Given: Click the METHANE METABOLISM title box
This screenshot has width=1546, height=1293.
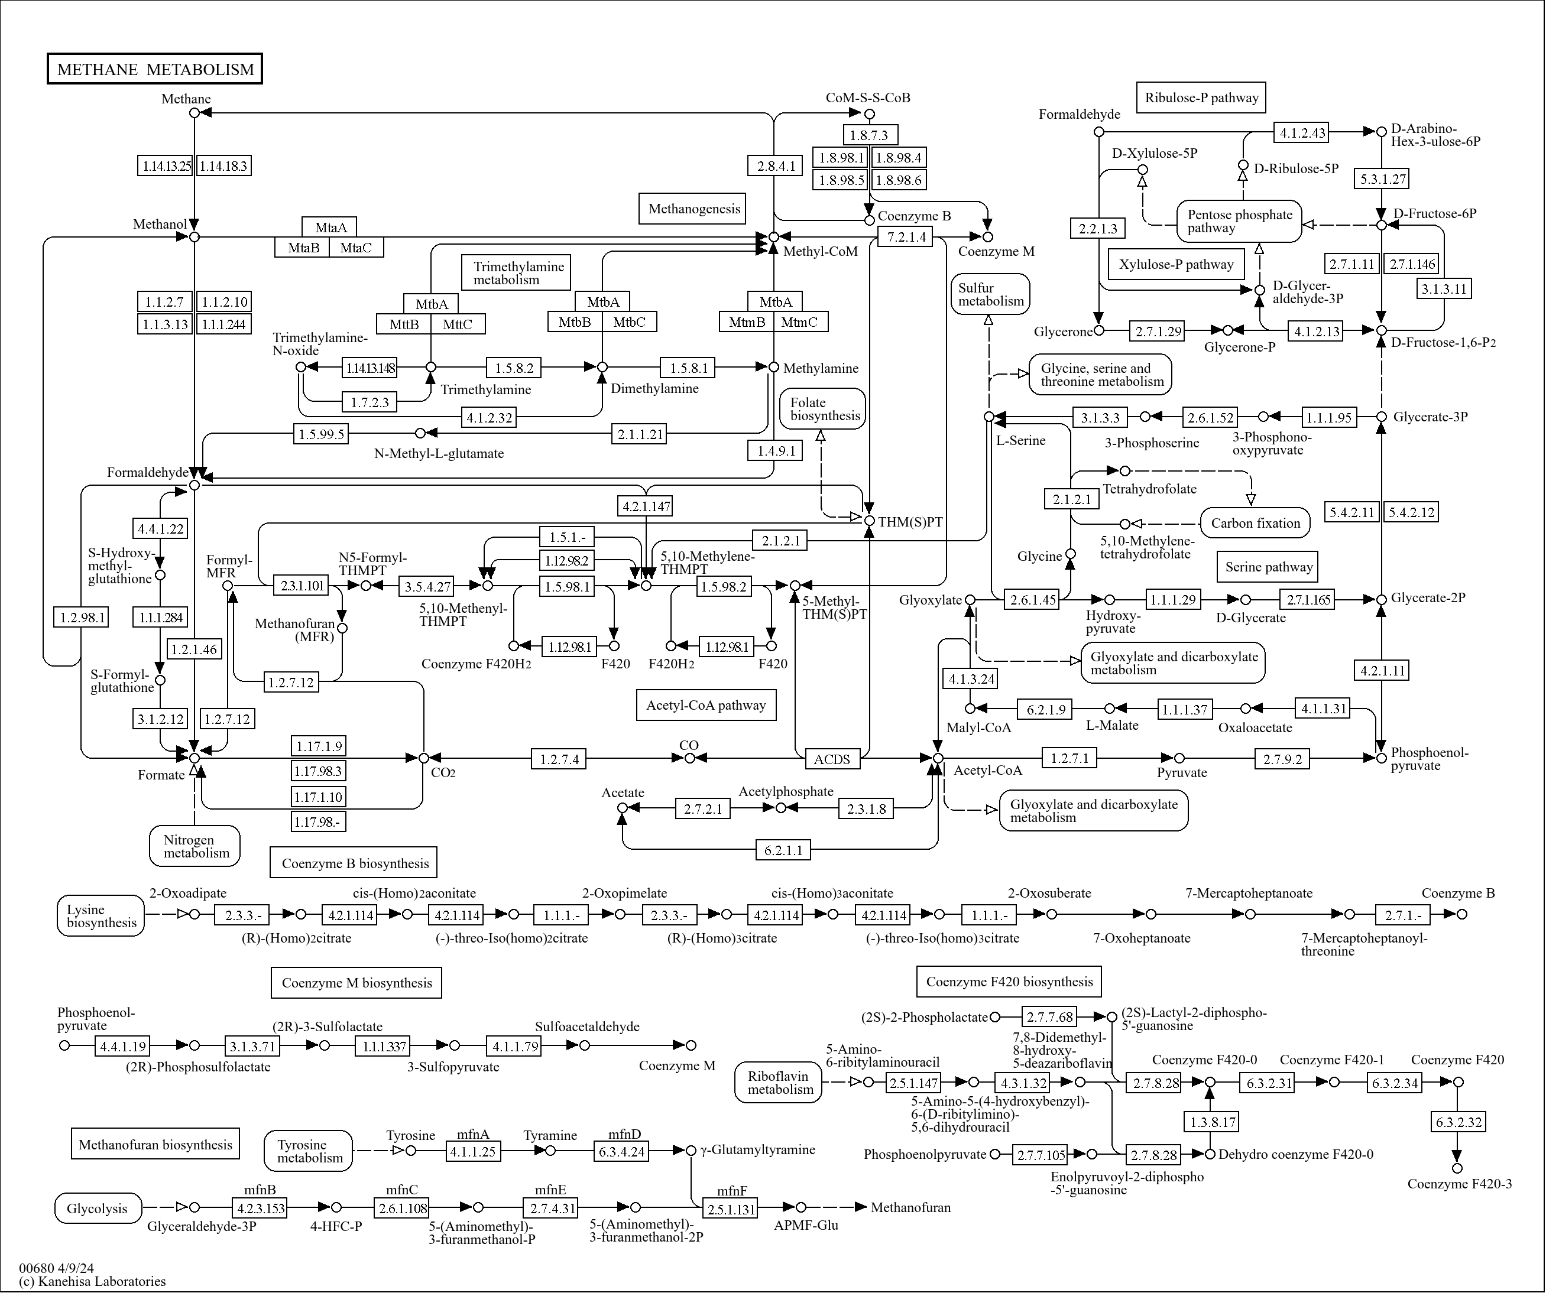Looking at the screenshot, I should (155, 69).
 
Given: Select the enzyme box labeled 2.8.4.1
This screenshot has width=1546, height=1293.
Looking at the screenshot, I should (776, 165).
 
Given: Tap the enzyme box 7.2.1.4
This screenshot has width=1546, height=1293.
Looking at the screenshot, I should (906, 236).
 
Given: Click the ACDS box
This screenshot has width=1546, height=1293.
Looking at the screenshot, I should (831, 759).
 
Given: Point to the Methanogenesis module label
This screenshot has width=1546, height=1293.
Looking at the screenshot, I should (693, 209).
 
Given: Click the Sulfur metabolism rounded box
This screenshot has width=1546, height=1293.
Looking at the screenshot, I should (990, 294).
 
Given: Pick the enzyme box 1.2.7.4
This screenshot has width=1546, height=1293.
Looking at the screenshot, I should (559, 759).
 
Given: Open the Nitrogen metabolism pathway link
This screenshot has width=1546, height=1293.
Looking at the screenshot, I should (195, 846).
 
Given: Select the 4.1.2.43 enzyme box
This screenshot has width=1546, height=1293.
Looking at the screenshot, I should (1302, 132).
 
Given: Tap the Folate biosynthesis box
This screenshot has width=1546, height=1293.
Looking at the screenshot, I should (824, 409).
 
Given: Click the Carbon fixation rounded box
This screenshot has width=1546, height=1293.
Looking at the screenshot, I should (1255, 523).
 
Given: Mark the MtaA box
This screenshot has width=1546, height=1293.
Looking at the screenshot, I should (330, 228).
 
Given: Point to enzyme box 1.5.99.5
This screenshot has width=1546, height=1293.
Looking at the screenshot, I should (321, 433).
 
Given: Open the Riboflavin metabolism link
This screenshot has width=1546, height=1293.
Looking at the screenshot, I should (780, 1083).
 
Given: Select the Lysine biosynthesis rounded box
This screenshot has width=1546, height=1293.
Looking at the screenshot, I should (101, 915).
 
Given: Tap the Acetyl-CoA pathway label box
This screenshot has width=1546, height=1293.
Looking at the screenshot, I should (705, 705).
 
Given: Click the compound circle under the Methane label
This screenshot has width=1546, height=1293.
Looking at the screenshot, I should (195, 113).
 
